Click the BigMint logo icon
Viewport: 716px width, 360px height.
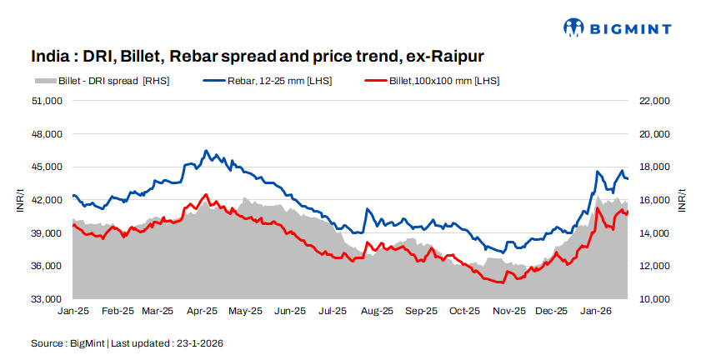pyautogui.click(x=574, y=28)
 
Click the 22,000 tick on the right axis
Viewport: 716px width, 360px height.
pyautogui.click(x=653, y=101)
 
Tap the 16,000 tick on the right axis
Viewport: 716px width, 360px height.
pyautogui.click(x=653, y=200)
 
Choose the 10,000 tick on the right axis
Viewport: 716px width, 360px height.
pyautogui.click(x=653, y=299)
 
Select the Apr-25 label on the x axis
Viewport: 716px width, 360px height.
pyautogui.click(x=203, y=311)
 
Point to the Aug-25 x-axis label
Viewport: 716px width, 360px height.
pyautogui.click(x=377, y=311)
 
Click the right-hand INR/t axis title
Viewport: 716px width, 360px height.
pyautogui.click(x=682, y=200)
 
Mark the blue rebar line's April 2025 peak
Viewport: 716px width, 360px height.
pyautogui.click(x=206, y=152)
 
